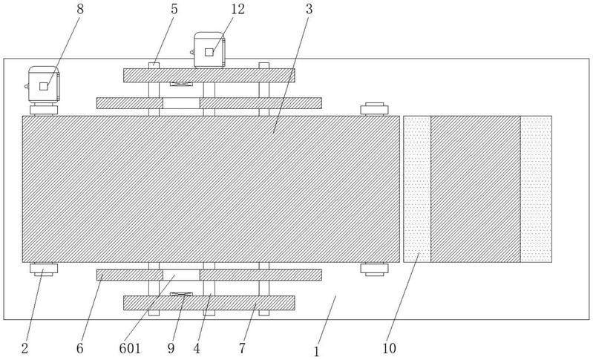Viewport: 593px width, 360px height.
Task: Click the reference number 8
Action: [x=80, y=9]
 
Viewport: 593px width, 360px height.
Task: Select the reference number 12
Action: [x=238, y=9]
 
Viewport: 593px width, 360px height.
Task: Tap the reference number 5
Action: [x=174, y=9]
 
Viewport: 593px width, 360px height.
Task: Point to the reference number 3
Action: [x=309, y=9]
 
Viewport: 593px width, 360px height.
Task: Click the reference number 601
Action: [x=130, y=348]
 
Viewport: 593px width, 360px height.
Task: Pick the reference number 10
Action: [x=389, y=348]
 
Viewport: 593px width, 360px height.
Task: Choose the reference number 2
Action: [x=25, y=348]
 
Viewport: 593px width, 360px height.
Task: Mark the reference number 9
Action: [x=171, y=348]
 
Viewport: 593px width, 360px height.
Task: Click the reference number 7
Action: [x=243, y=348]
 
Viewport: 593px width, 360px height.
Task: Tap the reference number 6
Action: [x=80, y=348]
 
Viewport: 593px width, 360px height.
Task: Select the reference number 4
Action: [x=197, y=348]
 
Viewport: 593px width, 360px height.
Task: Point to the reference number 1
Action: [x=317, y=352]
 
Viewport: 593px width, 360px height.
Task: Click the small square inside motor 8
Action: [x=44, y=86]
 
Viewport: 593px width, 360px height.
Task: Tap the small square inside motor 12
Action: [x=209, y=52]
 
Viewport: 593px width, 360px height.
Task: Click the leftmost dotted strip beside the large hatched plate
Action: [x=417, y=189]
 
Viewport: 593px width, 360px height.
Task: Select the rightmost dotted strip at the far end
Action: [x=537, y=189]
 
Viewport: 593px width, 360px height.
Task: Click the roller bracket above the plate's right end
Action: [x=374, y=109]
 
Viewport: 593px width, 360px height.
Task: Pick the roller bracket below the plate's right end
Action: [x=374, y=269]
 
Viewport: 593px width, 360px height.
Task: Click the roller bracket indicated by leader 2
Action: [x=44, y=269]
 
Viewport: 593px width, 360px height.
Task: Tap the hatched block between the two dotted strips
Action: [x=476, y=189]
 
